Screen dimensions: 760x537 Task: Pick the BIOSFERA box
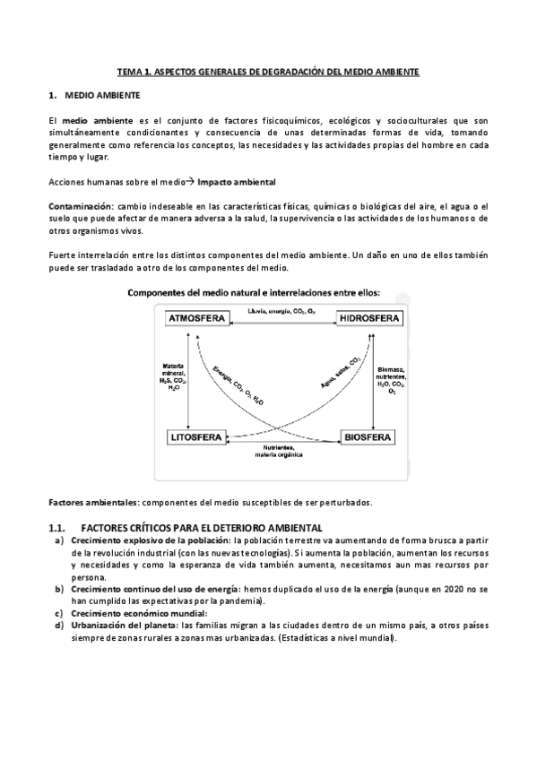368,437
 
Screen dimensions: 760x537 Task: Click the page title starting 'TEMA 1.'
269,70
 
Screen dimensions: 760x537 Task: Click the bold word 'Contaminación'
81,206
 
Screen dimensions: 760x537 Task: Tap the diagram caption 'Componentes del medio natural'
255,292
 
